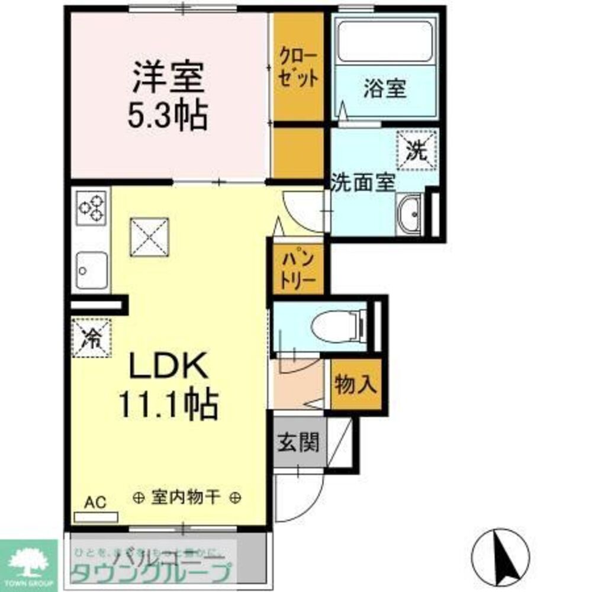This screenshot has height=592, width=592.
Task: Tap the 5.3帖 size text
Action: pos(168,116)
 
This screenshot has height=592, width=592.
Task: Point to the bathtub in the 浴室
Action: pos(384,41)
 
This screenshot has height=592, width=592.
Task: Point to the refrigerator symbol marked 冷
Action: pos(91,338)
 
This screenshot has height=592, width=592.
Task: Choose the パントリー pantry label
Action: pos(298,270)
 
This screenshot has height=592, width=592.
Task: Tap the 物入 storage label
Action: pos(356,385)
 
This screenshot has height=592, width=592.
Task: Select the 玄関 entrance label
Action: pos(300,442)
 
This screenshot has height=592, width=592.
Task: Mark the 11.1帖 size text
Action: pos(168,404)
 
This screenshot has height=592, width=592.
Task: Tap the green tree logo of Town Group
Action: pos(28,559)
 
